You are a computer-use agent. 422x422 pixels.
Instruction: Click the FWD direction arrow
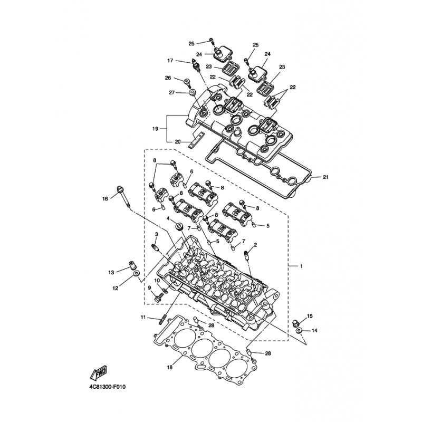tap(99, 373)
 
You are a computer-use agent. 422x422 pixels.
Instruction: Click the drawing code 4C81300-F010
tap(108, 388)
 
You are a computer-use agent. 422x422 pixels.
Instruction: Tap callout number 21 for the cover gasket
tap(325, 177)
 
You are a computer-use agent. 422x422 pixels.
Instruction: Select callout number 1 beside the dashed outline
tap(301, 266)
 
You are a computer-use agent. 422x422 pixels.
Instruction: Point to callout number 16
tap(105, 199)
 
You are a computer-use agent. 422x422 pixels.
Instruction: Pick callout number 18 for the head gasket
tap(169, 367)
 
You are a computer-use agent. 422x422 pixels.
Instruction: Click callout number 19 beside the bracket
tap(155, 129)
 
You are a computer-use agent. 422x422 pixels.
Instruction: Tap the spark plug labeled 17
tap(196, 65)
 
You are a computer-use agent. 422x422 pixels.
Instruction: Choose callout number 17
tap(170, 61)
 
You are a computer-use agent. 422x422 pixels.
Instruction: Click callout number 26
tap(168, 78)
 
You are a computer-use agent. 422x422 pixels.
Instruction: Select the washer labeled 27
tap(192, 93)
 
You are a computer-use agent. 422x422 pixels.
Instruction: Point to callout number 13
tap(111, 272)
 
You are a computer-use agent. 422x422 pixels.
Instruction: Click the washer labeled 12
tap(137, 274)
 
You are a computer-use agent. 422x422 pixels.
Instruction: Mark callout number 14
tap(314, 330)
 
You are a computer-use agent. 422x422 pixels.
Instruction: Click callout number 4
tap(168, 218)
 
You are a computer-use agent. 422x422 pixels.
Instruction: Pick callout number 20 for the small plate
tap(178, 141)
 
